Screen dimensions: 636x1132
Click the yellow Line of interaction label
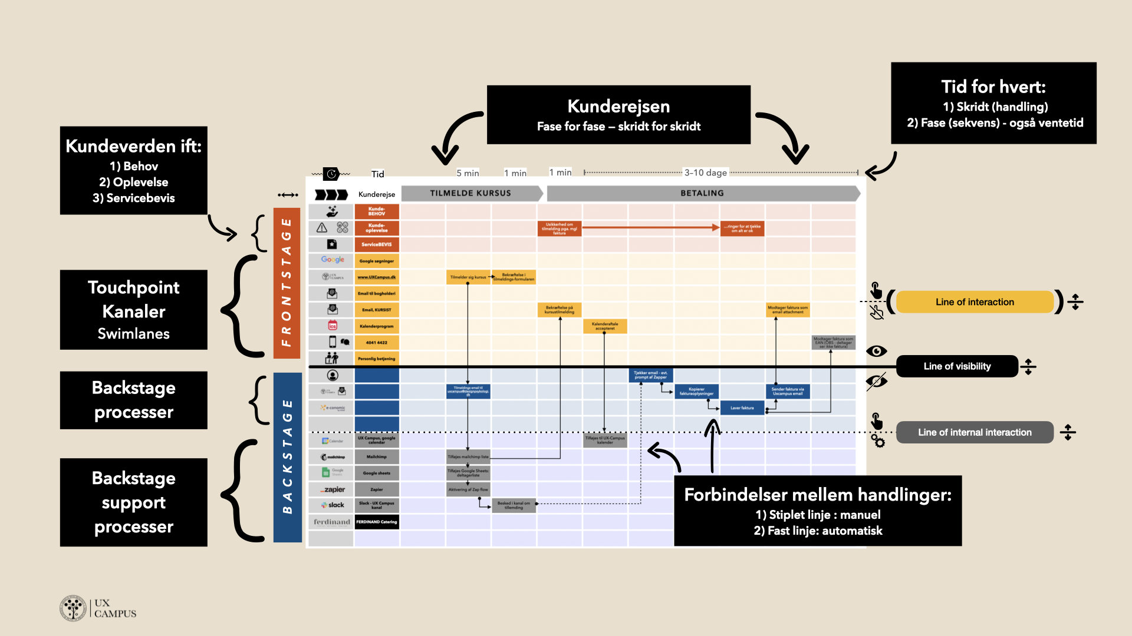(x=974, y=302)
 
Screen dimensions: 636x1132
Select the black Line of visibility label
(x=957, y=366)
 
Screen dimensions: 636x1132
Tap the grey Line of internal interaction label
(x=975, y=432)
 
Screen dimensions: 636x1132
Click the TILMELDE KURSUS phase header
(x=470, y=193)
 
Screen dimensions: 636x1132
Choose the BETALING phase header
(x=702, y=193)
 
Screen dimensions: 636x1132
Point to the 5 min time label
(x=468, y=173)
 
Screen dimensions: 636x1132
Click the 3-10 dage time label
(x=705, y=173)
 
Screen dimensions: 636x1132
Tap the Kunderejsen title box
(x=618, y=115)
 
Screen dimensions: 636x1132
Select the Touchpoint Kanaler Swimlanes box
(x=134, y=310)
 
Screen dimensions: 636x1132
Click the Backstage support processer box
(x=134, y=502)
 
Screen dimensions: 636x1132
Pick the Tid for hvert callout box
(x=993, y=103)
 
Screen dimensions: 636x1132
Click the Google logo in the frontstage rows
(x=333, y=260)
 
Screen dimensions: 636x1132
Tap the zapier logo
(x=333, y=489)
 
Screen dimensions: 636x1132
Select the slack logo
(x=333, y=505)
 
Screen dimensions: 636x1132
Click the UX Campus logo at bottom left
(x=98, y=608)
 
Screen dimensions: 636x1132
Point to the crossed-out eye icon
(x=876, y=382)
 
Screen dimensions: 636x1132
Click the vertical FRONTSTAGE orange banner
(x=287, y=283)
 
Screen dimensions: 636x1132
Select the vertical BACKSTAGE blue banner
(x=287, y=457)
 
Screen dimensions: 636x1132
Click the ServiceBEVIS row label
(x=377, y=244)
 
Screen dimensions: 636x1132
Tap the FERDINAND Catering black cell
(x=377, y=522)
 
